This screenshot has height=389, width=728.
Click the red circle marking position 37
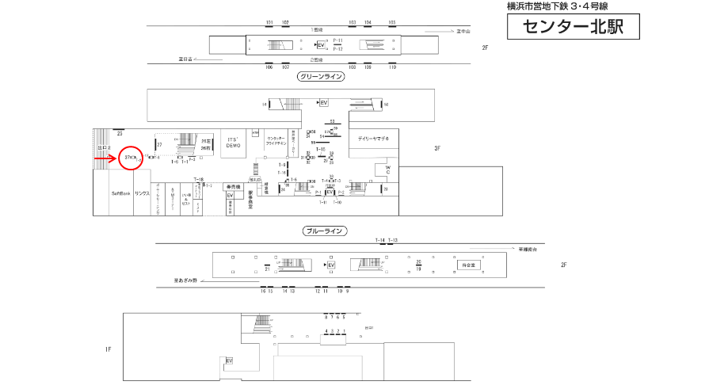pos(131,158)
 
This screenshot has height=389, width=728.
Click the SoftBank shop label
pos(121,194)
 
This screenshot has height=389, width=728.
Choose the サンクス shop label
pos(143,194)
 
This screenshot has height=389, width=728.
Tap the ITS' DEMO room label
pos(233,144)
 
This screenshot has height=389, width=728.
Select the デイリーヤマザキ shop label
pos(373,139)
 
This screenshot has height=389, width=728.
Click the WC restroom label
pos(388,170)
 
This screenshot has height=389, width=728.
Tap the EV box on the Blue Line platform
pos(332,265)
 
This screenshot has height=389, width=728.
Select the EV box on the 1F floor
pos(230,361)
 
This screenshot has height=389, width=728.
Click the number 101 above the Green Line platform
pos(269,22)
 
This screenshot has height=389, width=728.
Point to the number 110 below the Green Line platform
pos(392,67)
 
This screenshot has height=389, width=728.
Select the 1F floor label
pos(109,349)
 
